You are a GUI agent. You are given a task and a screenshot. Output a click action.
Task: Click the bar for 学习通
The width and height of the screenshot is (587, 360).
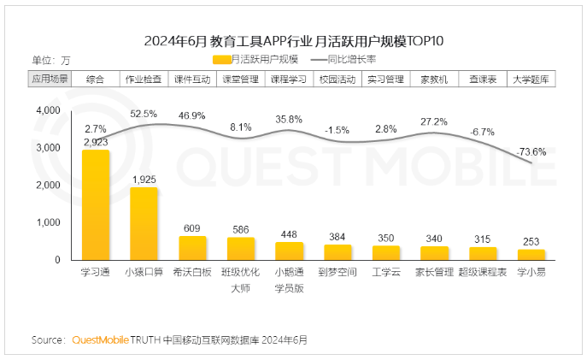96,205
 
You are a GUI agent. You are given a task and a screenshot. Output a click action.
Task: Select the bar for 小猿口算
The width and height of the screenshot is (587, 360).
144,224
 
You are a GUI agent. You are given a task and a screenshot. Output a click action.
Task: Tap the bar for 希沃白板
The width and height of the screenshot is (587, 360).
192,248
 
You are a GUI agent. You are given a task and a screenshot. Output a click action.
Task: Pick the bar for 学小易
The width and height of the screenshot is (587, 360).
531,255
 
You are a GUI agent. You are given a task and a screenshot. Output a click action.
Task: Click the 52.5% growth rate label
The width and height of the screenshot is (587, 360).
144,114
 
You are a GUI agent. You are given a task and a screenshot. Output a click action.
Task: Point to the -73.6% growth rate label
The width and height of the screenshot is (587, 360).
531,152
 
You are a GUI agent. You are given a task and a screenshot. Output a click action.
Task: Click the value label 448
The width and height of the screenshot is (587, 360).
289,235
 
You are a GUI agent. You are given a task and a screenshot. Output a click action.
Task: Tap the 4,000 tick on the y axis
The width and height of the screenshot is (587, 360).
48,111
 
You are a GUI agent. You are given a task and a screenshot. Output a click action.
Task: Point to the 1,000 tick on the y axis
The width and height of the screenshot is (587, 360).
48,222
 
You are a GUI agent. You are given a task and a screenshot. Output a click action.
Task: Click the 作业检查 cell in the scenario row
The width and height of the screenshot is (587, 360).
144,79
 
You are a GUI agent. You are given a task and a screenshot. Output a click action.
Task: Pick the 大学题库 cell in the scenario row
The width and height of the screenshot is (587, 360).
531,79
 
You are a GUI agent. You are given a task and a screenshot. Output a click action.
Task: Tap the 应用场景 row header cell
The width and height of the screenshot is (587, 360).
50,79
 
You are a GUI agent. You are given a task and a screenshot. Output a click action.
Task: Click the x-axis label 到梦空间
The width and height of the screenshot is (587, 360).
338,273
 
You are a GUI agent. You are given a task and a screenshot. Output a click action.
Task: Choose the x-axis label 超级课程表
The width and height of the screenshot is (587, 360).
483,273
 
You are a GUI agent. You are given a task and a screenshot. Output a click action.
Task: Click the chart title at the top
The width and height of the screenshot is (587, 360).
293,40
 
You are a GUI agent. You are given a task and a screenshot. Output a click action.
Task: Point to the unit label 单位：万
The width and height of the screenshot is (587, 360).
50,60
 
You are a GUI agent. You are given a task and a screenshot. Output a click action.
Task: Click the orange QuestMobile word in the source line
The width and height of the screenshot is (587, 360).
100,339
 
